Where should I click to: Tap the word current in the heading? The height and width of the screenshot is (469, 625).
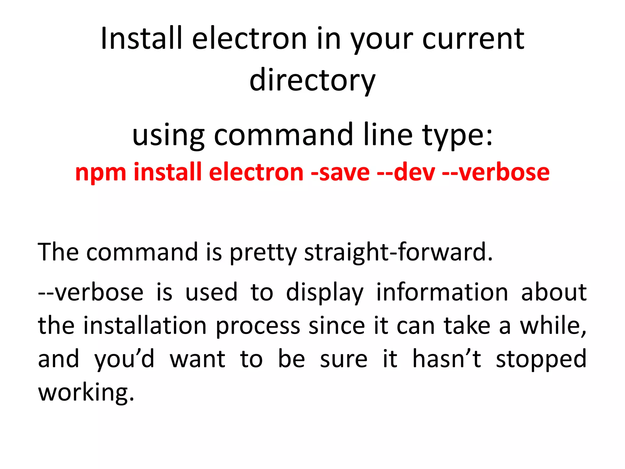coord(473,39)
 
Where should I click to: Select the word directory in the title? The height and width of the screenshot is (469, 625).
coord(312,80)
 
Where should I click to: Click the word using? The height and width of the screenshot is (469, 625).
coord(168,135)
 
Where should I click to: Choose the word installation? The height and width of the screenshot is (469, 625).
coord(145,325)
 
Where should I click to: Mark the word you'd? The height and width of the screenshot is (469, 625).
coord(124,359)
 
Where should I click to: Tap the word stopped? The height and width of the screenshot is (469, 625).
coord(541,359)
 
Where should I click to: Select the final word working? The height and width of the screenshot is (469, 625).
coord(86,393)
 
